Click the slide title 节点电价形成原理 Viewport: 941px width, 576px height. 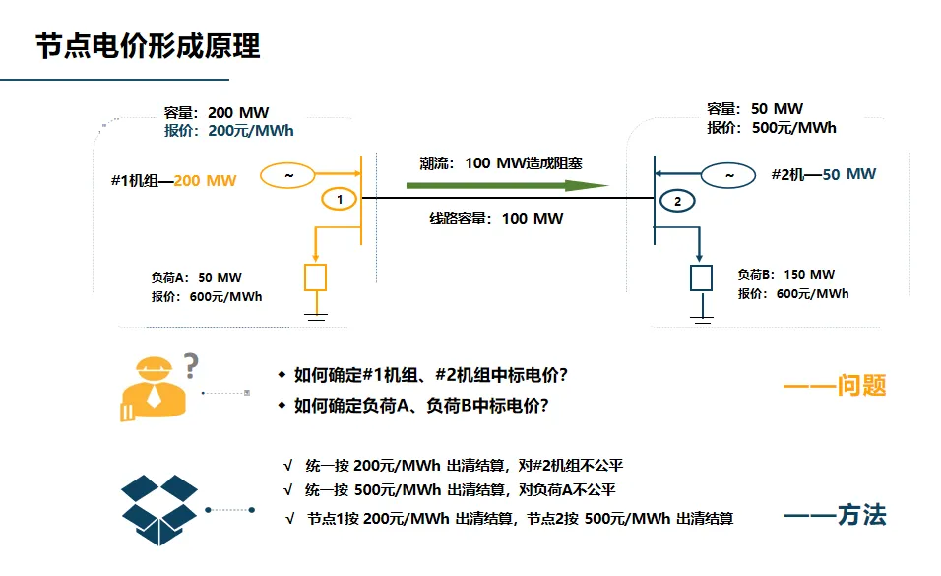(148, 45)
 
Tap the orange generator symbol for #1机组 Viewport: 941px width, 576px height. (287, 175)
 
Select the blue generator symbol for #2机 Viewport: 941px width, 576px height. (728, 175)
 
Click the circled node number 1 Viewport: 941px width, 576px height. (339, 199)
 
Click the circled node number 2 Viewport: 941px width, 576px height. (677, 201)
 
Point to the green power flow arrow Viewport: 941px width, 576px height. (507, 185)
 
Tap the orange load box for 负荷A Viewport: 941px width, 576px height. (316, 278)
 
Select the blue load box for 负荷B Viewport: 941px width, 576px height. (701, 278)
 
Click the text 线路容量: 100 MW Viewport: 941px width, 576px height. (496, 218)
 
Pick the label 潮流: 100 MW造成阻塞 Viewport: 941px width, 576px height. (500, 163)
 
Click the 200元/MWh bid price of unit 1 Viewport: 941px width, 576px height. (251, 131)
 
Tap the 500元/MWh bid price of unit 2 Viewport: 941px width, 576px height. (794, 128)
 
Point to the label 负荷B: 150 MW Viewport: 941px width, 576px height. (786, 275)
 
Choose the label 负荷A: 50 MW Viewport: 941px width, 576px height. (196, 278)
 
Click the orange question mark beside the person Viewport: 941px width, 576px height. (191, 365)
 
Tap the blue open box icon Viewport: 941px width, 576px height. (159, 510)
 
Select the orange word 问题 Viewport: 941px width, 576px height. (862, 385)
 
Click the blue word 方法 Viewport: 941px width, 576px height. (862, 515)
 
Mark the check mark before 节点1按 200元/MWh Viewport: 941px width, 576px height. (289, 518)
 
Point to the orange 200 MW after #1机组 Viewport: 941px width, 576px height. (205, 181)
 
